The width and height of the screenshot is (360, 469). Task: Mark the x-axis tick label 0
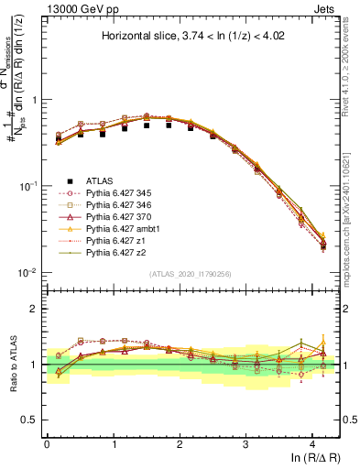47,443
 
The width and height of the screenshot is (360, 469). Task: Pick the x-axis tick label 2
180,443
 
